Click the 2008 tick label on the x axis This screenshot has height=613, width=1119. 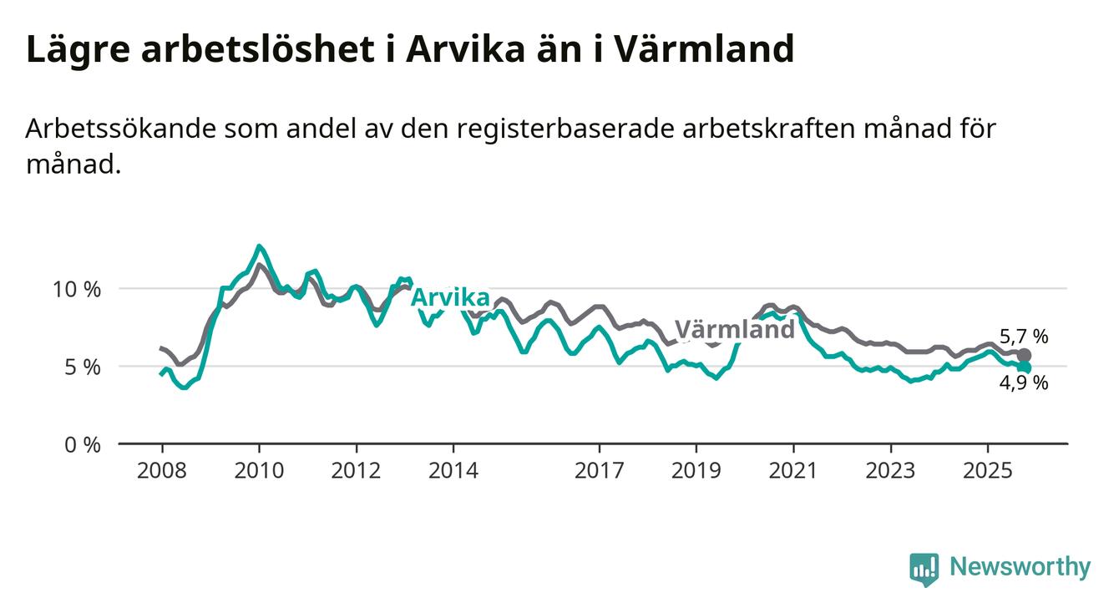[x=162, y=471]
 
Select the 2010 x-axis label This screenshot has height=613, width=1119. [x=259, y=471]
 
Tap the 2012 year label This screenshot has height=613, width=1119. [x=357, y=471]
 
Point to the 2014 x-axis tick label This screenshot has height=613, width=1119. [x=453, y=471]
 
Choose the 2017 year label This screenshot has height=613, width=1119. [x=599, y=471]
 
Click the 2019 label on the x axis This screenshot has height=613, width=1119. [x=696, y=471]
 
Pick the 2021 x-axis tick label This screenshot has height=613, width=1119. [x=793, y=471]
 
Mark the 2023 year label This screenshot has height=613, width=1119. [x=890, y=471]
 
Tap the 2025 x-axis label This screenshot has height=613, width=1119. [x=988, y=471]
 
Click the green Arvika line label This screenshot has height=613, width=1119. [x=451, y=297]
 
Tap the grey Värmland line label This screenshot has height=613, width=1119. [x=734, y=329]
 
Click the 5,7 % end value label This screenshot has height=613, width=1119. [x=1023, y=337]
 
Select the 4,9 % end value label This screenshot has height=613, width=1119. [x=1024, y=383]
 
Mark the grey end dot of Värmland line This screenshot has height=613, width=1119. [x=1025, y=355]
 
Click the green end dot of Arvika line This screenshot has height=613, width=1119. [x=1025, y=367]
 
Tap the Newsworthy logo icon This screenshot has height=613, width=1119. [x=924, y=569]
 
